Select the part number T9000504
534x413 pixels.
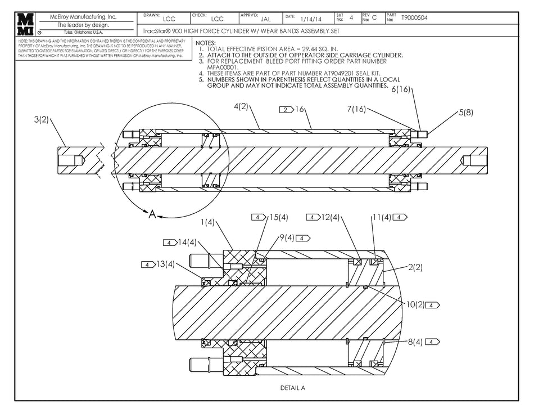pos(414,18)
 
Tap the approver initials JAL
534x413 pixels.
pos(266,19)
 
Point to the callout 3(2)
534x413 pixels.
pos(42,119)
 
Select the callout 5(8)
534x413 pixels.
pos(465,112)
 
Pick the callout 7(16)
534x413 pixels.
pos(356,109)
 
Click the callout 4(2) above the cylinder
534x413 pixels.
pos(241,106)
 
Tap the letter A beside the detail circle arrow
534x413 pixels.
pos(151,214)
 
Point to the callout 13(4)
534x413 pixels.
pos(166,264)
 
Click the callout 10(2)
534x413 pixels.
pos(417,304)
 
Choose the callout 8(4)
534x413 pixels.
pos(415,342)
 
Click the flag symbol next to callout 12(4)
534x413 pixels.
pos(313,217)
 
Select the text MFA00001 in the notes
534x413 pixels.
pos(223,67)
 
